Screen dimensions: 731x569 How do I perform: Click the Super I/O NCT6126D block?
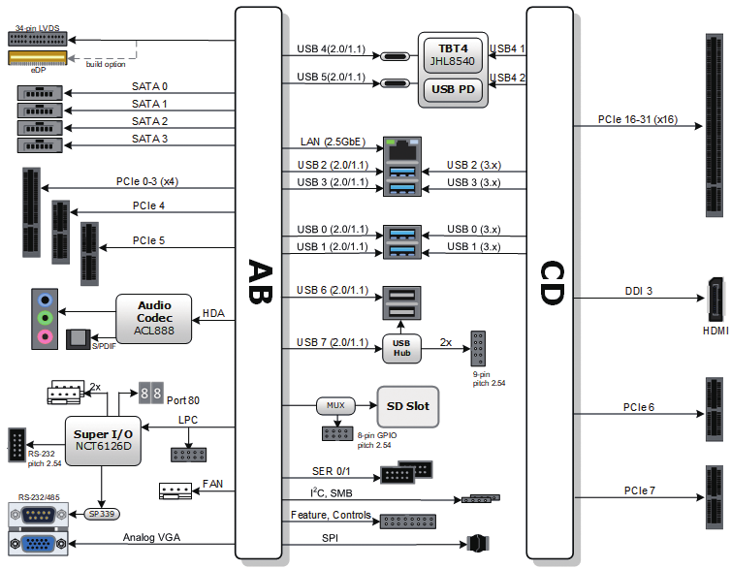[103, 440]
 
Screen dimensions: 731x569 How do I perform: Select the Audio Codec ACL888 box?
[154, 318]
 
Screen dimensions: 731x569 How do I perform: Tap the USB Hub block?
[401, 348]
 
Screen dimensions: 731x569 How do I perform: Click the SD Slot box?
[408, 406]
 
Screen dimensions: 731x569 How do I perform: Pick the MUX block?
[335, 405]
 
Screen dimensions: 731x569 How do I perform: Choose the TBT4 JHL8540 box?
[453, 55]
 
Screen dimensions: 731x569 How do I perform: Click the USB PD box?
[453, 89]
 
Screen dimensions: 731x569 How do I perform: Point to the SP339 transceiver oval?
[102, 514]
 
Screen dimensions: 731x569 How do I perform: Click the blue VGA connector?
[38, 544]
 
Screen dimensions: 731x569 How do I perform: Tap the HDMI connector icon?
[715, 299]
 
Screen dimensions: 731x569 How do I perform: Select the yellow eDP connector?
[38, 58]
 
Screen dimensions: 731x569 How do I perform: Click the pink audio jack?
[45, 336]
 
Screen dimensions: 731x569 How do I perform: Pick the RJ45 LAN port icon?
[402, 150]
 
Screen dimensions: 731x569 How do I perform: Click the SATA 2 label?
[149, 121]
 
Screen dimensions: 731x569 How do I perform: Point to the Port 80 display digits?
[151, 393]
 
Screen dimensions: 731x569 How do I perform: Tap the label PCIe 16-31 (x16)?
[637, 120]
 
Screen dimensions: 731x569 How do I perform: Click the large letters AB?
[260, 281]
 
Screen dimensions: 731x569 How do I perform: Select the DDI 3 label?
[638, 291]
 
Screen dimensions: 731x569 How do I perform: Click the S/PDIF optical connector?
[78, 339]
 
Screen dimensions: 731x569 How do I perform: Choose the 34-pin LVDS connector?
[38, 39]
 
